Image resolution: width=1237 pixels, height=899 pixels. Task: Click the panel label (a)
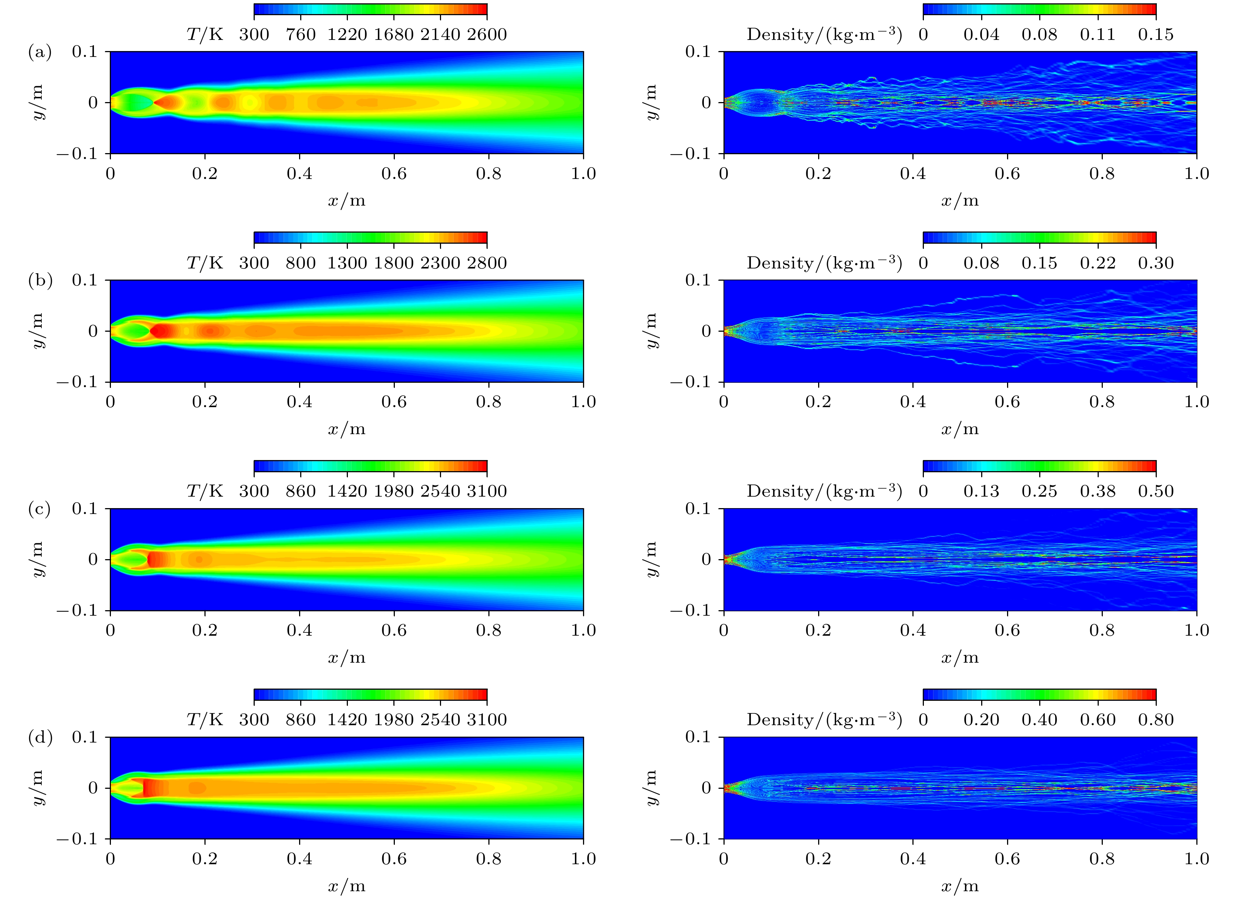tap(40, 53)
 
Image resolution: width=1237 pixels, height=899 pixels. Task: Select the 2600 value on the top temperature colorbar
tap(487, 34)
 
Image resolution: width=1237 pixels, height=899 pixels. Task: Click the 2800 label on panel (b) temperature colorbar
tap(487, 263)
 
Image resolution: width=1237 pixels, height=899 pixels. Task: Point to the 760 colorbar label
tap(301, 34)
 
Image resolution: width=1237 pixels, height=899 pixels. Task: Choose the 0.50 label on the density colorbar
tap(1156, 491)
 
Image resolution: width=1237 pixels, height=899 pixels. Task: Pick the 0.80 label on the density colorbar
tap(1156, 720)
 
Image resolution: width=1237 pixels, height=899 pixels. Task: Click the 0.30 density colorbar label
tap(1156, 263)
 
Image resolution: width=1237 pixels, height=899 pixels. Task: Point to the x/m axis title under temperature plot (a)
tap(347, 201)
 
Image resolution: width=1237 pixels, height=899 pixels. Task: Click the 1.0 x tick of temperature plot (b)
tap(583, 402)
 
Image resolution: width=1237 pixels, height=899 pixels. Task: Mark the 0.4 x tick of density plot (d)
tap(912, 859)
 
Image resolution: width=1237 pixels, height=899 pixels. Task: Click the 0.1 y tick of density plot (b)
tap(698, 280)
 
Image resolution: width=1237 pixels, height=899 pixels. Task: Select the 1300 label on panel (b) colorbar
tap(347, 263)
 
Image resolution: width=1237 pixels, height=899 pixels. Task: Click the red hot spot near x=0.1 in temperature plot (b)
tap(162, 331)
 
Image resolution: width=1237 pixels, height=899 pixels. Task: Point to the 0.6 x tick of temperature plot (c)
tap(394, 631)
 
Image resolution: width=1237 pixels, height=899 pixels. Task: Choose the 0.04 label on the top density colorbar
tap(981, 34)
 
